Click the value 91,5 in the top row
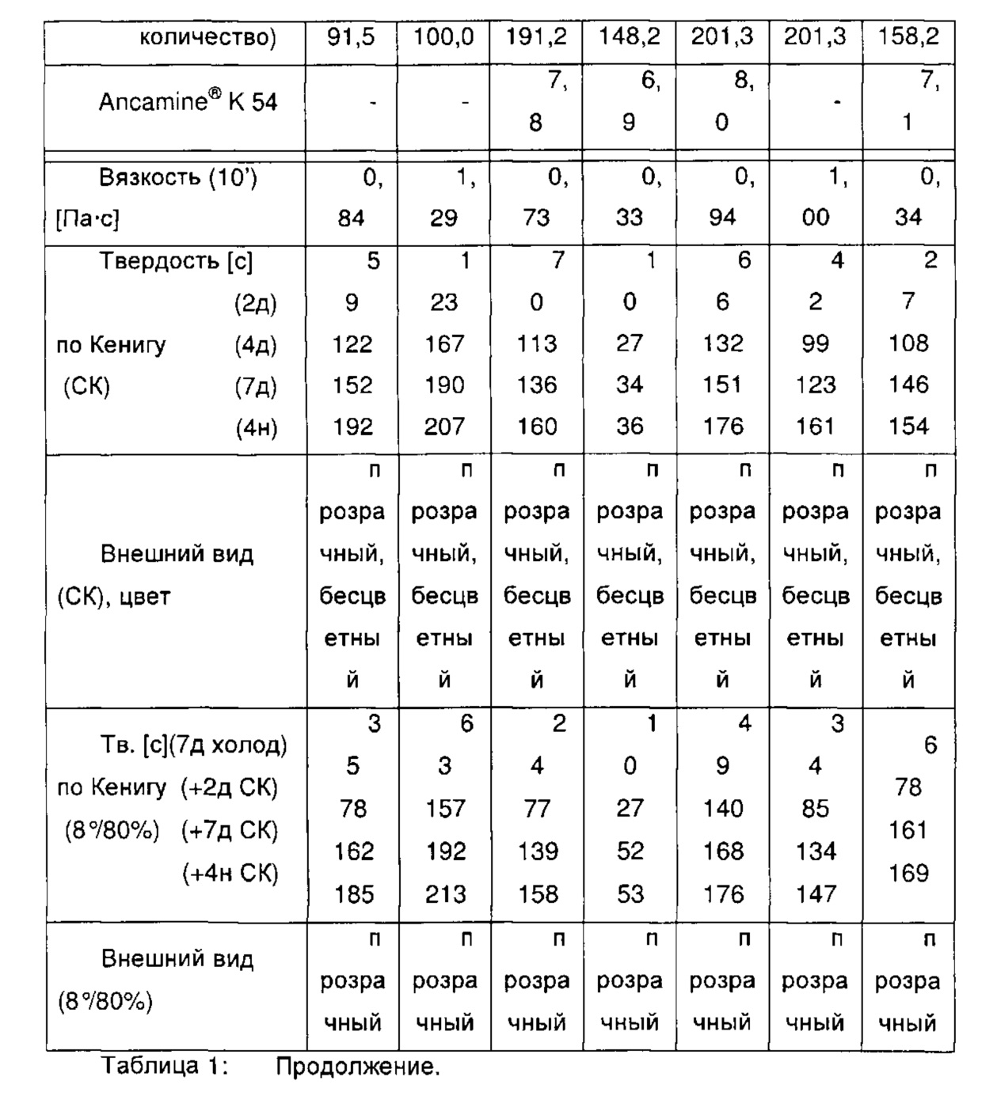tap(352, 37)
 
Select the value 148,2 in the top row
tap(629, 37)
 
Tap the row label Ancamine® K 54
tap(188, 102)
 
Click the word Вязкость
tap(150, 177)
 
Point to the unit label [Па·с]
tap(87, 218)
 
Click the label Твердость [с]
tap(176, 261)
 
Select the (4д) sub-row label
tap(256, 345)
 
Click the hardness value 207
tap(444, 427)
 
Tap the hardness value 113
tap(537, 344)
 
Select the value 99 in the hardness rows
tap(815, 344)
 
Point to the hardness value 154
tap(908, 427)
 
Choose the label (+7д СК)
tap(230, 831)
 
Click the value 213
tap(445, 894)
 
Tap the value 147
tap(816, 894)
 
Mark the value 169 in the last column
tap(908, 874)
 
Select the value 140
tap(723, 809)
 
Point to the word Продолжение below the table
tap(356, 1067)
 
